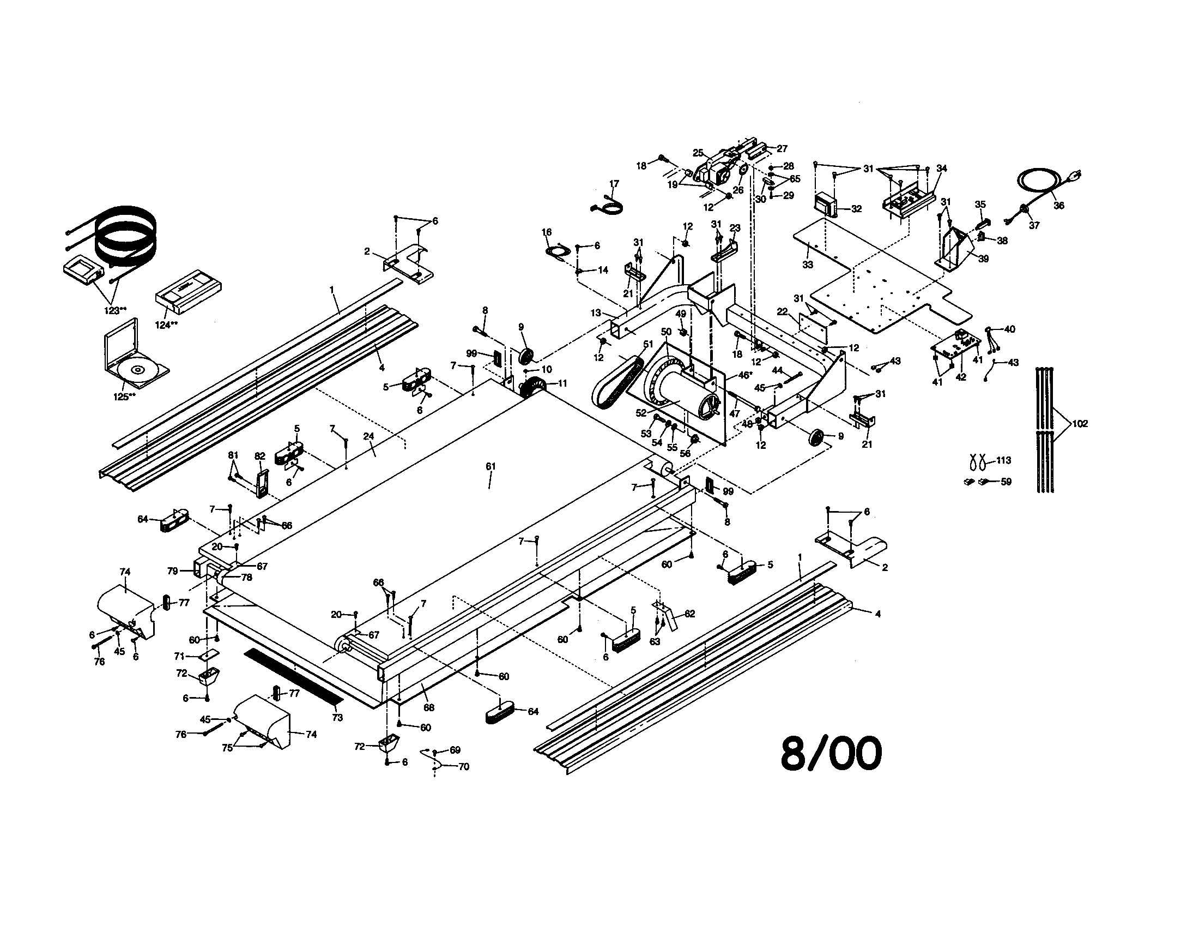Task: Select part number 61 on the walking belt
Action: pyautogui.click(x=491, y=466)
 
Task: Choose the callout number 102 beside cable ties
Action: pyautogui.click(x=1079, y=423)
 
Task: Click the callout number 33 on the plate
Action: pyautogui.click(x=807, y=264)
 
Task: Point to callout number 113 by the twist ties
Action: pyautogui.click(x=1003, y=460)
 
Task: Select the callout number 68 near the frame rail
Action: pyautogui.click(x=429, y=708)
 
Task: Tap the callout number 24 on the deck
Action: pyautogui.click(x=368, y=436)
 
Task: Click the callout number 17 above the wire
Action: pyautogui.click(x=614, y=183)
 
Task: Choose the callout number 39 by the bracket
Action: pyautogui.click(x=983, y=258)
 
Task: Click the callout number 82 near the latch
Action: pyautogui.click(x=259, y=456)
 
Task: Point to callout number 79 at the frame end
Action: pyautogui.click(x=172, y=570)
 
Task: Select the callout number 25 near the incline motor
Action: pyautogui.click(x=697, y=153)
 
